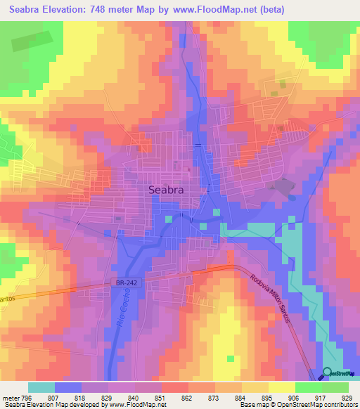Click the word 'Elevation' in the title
tap(77, 11)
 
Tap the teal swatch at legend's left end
tap(41, 387)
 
